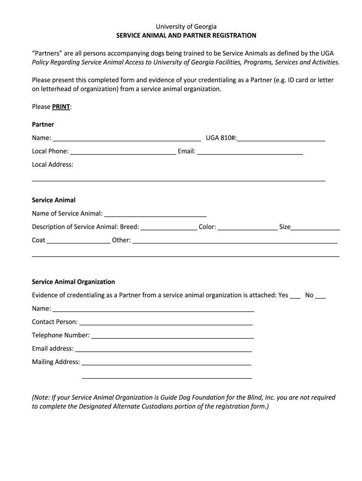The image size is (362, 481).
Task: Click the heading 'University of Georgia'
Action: click(x=186, y=27)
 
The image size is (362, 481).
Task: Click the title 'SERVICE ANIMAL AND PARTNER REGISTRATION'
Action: click(x=186, y=35)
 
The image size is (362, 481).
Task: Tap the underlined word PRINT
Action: click(x=61, y=107)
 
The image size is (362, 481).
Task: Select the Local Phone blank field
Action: click(x=123, y=151)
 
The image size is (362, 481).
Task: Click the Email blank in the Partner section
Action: click(x=250, y=151)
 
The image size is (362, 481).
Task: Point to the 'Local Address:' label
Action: click(x=53, y=164)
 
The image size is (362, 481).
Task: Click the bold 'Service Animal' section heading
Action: click(x=54, y=200)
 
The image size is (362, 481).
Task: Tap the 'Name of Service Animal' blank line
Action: click(x=155, y=214)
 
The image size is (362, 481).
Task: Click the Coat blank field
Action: click(x=79, y=240)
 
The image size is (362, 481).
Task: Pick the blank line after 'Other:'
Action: click(x=235, y=240)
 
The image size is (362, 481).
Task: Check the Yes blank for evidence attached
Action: click(x=295, y=296)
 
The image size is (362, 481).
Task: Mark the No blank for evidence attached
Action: click(x=320, y=296)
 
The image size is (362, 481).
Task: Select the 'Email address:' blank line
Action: click(x=164, y=349)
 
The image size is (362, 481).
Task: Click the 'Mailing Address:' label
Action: click(x=56, y=362)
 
